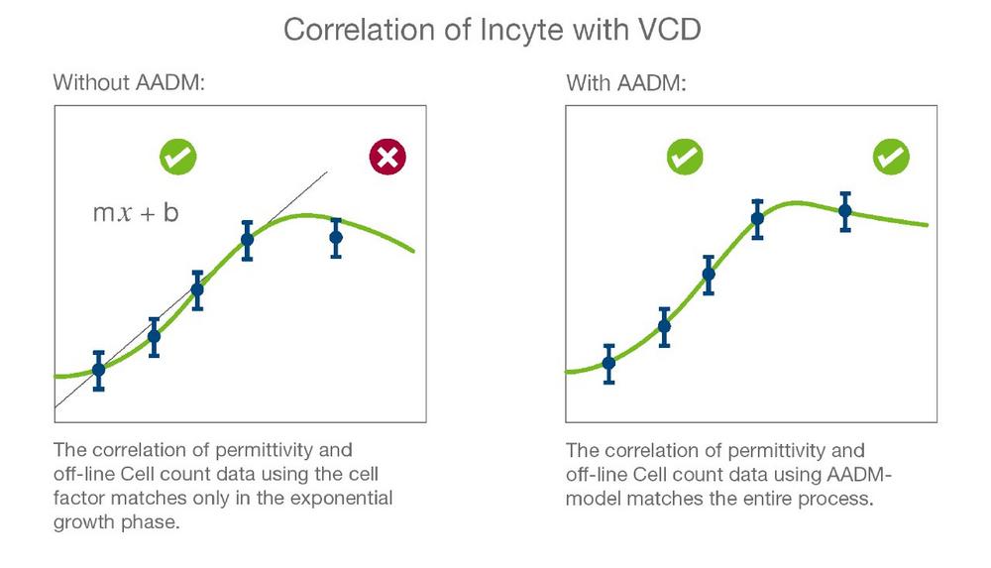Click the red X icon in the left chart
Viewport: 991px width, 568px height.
tap(388, 157)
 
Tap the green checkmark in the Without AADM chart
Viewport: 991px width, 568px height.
tap(178, 157)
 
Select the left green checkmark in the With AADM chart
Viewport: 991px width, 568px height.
tap(685, 157)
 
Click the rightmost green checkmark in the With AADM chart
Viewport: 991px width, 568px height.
tap(891, 157)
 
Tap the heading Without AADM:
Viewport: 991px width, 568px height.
tap(129, 82)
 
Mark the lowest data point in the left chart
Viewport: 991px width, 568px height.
tap(98, 370)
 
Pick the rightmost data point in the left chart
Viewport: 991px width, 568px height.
tap(336, 237)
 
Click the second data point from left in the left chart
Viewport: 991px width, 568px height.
tap(154, 336)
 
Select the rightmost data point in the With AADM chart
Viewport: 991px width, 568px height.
tap(845, 210)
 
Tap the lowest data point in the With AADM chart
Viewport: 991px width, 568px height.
tap(608, 363)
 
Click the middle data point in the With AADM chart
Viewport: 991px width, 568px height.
tap(709, 275)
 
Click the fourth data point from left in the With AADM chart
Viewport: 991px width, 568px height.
tap(757, 219)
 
